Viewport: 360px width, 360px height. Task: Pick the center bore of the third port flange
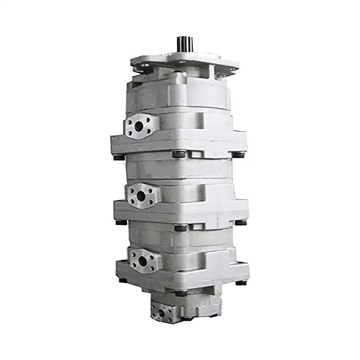pos(143,260)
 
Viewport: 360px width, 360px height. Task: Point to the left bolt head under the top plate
pos(119,157)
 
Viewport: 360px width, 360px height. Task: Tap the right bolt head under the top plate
pos(240,155)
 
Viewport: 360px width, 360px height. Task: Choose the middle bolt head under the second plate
pos(180,228)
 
